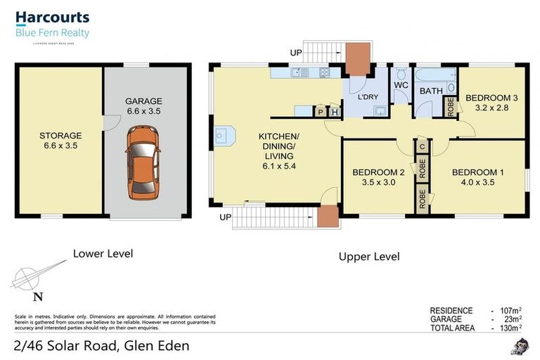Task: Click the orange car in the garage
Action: click(x=143, y=161)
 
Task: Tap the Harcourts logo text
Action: click(x=53, y=18)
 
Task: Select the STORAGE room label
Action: click(x=60, y=136)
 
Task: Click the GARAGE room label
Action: click(x=143, y=101)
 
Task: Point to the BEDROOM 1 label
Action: click(x=477, y=172)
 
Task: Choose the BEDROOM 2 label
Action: click(x=378, y=172)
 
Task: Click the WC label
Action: click(x=401, y=85)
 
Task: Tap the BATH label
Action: click(x=430, y=91)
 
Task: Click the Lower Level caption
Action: click(x=103, y=253)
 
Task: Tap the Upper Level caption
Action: click(x=369, y=257)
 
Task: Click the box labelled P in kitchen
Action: click(x=321, y=112)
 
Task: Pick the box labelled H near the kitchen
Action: click(x=334, y=112)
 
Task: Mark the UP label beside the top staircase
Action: click(x=295, y=52)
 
